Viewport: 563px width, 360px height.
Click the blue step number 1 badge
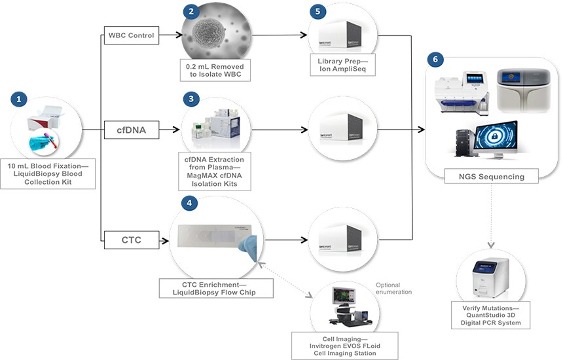19,99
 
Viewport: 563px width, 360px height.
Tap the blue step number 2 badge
191,11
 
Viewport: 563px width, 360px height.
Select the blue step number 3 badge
191,99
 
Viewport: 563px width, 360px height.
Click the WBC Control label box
131,35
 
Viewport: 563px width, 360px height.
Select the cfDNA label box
131,131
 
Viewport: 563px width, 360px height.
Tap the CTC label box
131,240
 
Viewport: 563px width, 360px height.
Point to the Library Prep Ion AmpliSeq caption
342,65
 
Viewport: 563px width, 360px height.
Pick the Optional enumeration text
393,288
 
